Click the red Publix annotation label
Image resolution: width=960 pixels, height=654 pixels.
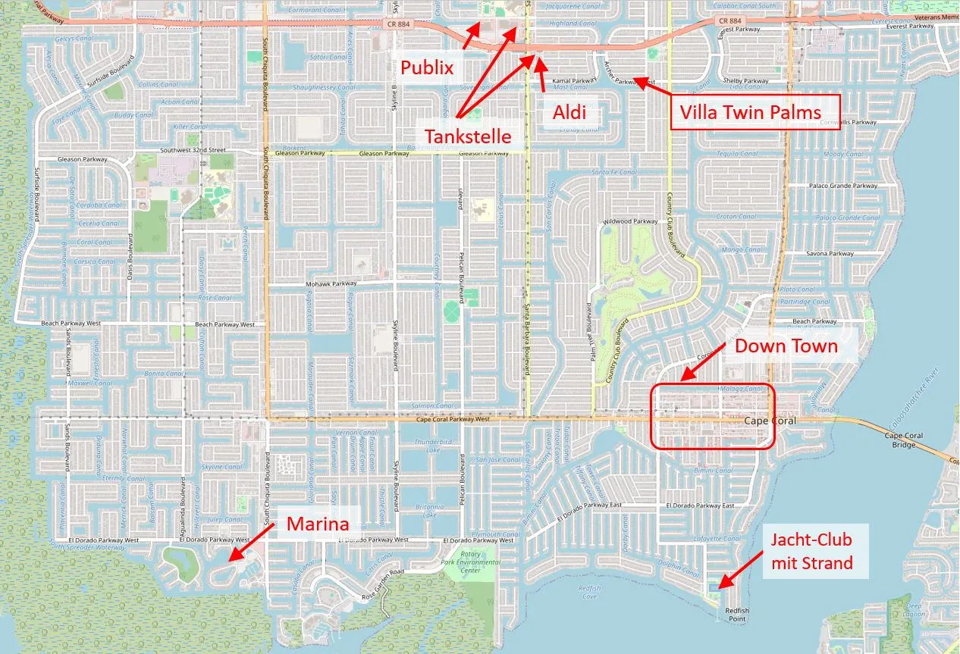(x=427, y=68)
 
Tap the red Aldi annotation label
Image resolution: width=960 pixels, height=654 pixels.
(x=569, y=112)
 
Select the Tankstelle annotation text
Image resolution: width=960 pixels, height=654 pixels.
(x=467, y=136)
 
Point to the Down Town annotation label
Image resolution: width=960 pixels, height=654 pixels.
(x=786, y=347)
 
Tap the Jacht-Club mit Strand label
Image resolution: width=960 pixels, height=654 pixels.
(x=811, y=551)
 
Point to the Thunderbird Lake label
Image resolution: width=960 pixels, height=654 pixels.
(x=434, y=446)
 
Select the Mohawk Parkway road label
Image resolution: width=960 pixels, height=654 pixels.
(x=330, y=283)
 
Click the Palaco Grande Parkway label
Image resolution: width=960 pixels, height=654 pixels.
(x=842, y=186)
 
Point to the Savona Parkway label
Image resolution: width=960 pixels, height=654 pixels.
(x=830, y=253)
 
